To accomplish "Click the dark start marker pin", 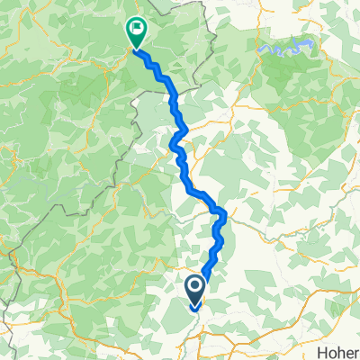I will coord(194,290).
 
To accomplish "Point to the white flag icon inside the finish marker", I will coord(135,29).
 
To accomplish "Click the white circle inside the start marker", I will coord(194,286).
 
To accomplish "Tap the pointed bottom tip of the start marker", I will coord(194,306).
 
